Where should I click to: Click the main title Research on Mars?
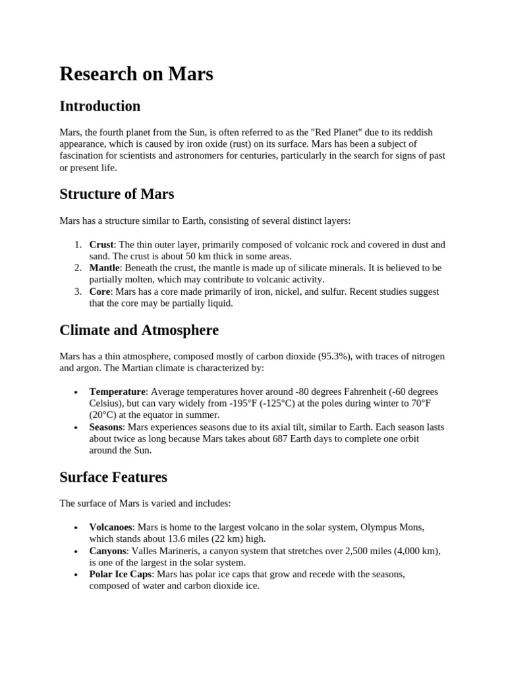tap(136, 74)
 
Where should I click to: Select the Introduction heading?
tap(99, 106)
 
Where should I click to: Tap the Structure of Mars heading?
tap(117, 194)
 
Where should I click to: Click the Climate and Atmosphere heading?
tap(138, 329)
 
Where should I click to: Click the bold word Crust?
tap(101, 244)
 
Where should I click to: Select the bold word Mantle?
tap(105, 268)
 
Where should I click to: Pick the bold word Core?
tap(100, 292)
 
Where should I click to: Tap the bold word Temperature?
tap(117, 392)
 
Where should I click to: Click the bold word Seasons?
tap(106, 427)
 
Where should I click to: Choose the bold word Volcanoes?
tap(111, 527)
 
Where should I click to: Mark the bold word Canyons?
tap(107, 551)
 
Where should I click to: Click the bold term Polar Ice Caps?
tap(120, 575)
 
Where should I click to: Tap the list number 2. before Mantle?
tap(78, 268)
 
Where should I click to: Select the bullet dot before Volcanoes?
tap(78, 528)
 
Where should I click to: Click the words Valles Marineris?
tap(161, 551)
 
